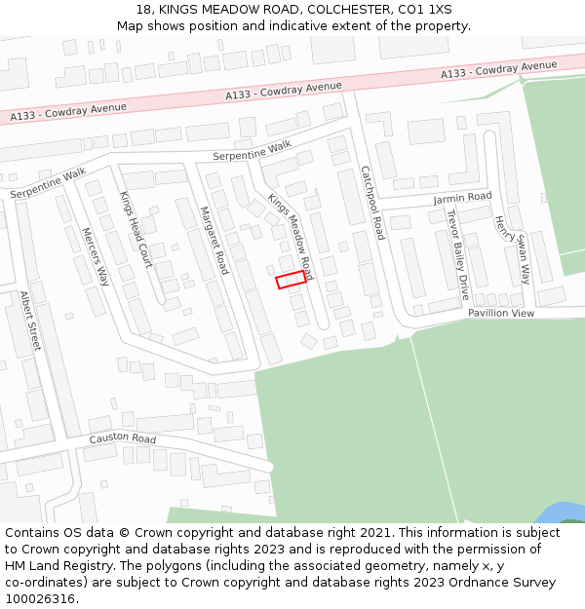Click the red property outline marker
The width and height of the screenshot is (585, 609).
click(291, 280)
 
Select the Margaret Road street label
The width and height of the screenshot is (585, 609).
click(214, 240)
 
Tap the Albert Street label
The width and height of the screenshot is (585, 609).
click(30, 321)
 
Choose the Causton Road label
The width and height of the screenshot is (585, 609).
click(123, 438)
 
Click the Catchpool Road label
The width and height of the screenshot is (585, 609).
click(372, 203)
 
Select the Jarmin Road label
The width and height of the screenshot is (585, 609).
click(462, 198)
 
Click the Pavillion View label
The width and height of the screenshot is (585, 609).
click(501, 314)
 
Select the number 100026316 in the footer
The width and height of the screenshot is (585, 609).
click(41, 598)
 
